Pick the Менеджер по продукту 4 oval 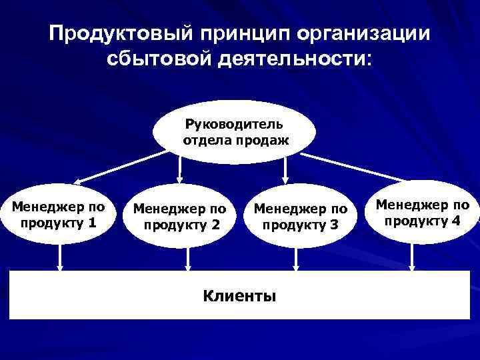421,213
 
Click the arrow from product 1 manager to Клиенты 61,257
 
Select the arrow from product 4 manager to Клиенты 414,257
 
